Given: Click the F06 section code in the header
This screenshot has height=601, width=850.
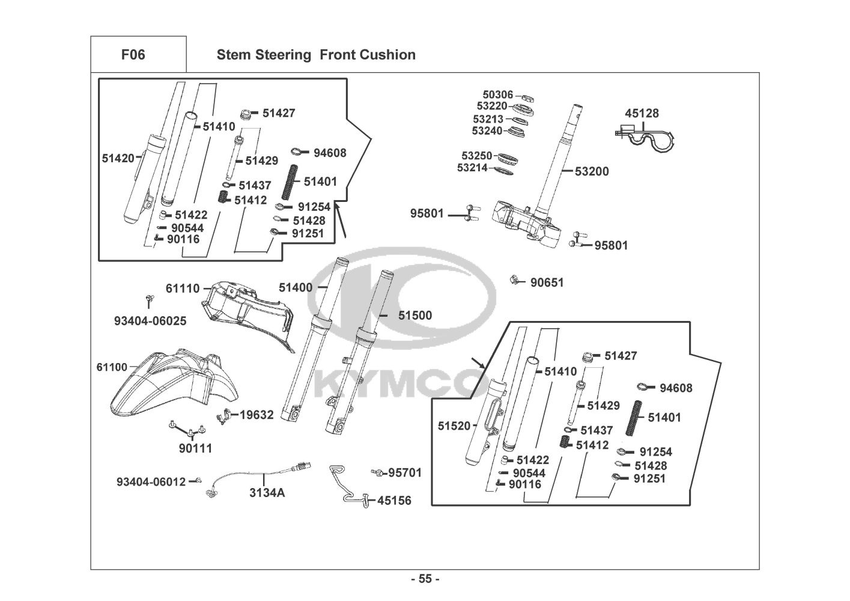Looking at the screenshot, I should point(133,55).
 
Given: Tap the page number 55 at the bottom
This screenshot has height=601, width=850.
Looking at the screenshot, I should point(425,579).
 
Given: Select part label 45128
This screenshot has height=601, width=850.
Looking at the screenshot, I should point(642,113).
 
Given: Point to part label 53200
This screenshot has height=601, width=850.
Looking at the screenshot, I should point(591,171).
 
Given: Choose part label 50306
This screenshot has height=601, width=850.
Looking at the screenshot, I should point(497,94).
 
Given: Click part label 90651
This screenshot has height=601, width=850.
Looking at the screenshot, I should point(547,282).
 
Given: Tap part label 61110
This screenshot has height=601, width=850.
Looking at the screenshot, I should point(183,288).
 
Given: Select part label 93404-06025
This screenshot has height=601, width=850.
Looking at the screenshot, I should point(150,321).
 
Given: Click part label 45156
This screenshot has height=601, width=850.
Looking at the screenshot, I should point(394,500).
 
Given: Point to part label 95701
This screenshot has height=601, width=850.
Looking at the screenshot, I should point(405,473).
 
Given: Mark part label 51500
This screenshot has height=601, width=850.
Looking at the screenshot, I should point(414,316).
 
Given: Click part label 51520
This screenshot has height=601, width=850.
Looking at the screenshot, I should point(454,426).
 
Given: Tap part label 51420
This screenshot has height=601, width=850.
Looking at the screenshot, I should point(118,158).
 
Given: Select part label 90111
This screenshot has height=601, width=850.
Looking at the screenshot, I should point(195,448).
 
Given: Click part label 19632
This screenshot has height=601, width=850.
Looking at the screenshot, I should point(257,415).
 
